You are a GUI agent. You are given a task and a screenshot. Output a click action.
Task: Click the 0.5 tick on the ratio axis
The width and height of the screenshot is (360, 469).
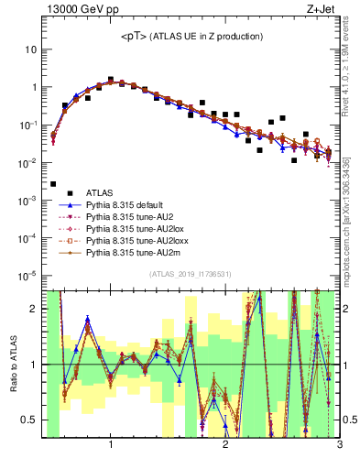tap(29, 420)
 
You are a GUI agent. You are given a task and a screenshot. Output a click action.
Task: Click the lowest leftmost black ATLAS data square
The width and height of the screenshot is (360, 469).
tap(53, 184)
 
